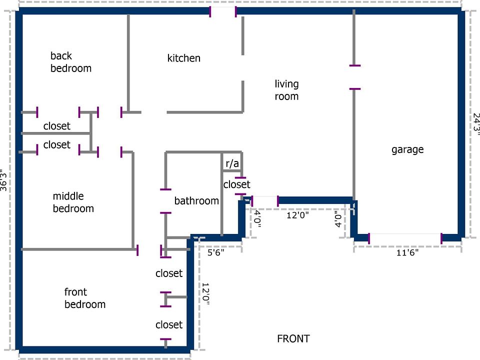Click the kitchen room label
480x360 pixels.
tap(183, 58)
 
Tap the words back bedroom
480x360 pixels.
tap(70, 62)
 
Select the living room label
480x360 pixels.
tap(286, 90)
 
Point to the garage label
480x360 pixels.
tap(407, 149)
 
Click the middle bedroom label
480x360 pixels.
tap(73, 202)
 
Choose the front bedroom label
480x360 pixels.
tap(85, 298)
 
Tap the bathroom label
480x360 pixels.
tap(196, 201)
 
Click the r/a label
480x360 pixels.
tap(232, 163)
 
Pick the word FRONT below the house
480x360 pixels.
tap(293, 339)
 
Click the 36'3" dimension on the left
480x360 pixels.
tap(3, 180)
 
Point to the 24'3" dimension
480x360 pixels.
tap(476, 122)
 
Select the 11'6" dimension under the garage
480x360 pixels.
tap(407, 252)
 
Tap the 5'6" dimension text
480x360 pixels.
tap(216, 252)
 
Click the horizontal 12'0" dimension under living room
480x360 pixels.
tap(297, 215)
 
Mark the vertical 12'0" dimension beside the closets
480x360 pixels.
tap(205, 294)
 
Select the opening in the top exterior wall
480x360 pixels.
tap(223, 11)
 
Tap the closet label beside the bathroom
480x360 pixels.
tap(236, 184)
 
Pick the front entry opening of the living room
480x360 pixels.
tap(265, 200)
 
